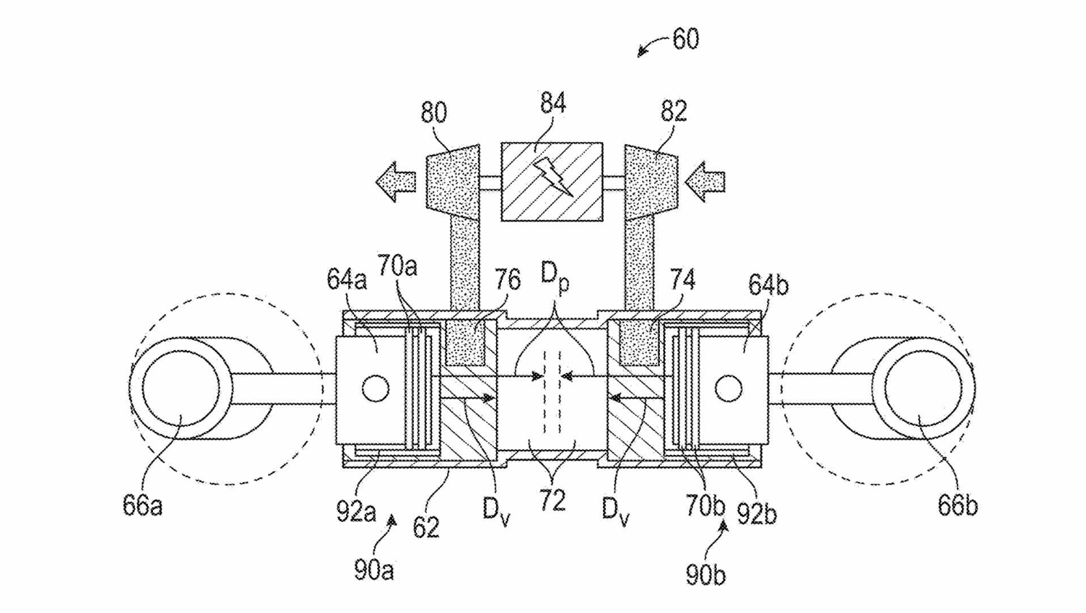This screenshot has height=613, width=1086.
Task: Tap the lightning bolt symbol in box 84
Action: click(554, 178)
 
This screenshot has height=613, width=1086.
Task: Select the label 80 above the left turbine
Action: click(433, 113)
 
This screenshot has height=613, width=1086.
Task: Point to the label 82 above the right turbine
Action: click(674, 111)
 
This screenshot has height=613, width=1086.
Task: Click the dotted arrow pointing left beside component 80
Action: click(396, 182)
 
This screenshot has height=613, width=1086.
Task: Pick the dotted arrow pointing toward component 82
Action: click(705, 182)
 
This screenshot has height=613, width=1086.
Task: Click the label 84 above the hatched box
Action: click(552, 103)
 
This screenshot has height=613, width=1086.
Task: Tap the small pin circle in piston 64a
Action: click(376, 388)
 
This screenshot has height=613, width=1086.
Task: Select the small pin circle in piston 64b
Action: click(728, 388)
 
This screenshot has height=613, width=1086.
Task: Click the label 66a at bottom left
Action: click(143, 506)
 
